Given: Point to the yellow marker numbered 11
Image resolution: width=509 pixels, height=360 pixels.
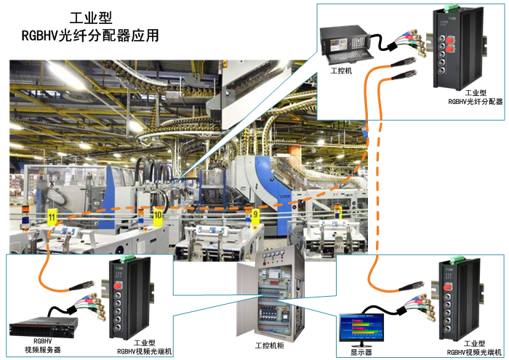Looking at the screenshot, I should [51, 216].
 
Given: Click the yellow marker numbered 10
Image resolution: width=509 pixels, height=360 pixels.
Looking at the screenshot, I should [158, 215].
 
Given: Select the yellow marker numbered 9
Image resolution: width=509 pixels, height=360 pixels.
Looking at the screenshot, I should [254, 215].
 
